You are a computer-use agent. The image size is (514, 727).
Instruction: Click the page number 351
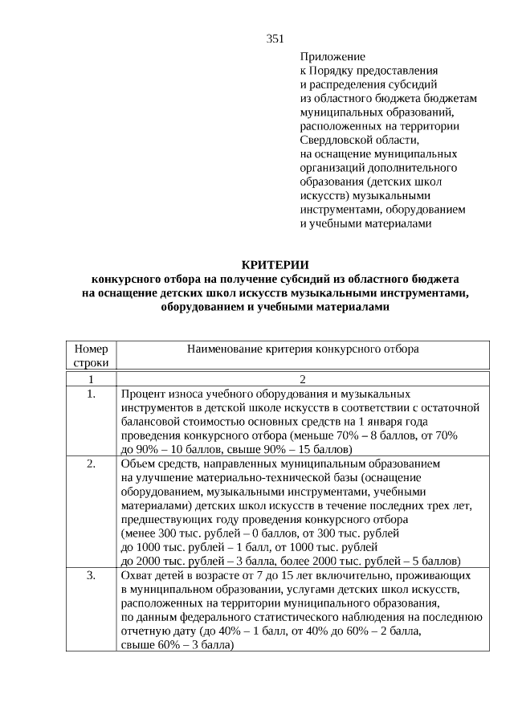click(x=275, y=39)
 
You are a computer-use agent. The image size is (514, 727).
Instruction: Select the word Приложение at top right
click(x=332, y=57)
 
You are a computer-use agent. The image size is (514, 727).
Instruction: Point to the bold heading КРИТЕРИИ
click(x=275, y=265)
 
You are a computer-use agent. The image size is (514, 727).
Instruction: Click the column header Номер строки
click(x=90, y=356)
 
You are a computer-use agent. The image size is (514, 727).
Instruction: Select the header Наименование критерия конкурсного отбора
click(x=302, y=349)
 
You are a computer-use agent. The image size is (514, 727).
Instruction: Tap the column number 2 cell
click(x=302, y=379)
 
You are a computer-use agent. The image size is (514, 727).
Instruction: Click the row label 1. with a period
click(x=91, y=394)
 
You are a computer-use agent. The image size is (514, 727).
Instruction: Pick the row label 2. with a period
click(x=91, y=464)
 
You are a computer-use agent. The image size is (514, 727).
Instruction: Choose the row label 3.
click(x=91, y=576)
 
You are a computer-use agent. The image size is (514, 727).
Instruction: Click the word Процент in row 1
click(x=143, y=394)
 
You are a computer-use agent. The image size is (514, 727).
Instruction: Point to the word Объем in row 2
click(x=137, y=464)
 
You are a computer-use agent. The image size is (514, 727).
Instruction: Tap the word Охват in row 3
click(x=137, y=576)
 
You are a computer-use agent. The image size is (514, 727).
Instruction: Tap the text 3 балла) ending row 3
click(x=210, y=645)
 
